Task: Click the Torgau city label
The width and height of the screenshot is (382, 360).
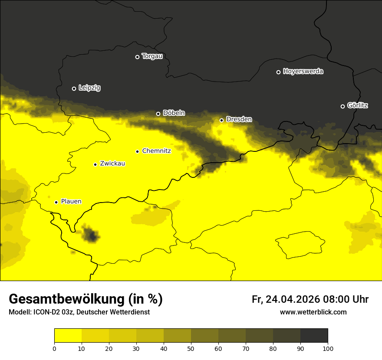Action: tap(152, 56)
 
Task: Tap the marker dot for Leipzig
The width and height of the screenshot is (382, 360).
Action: tap(74, 88)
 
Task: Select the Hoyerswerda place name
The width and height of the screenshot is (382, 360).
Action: tap(303, 72)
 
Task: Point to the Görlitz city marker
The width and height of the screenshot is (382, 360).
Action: tap(342, 106)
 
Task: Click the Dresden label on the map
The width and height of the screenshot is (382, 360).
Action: tap(239, 119)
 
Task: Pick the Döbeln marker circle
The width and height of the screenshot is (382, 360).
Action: tap(158, 114)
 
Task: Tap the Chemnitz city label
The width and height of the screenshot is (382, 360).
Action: tap(156, 151)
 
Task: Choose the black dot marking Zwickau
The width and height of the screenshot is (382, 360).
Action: tap(95, 164)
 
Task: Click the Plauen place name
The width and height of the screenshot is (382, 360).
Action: tap(71, 201)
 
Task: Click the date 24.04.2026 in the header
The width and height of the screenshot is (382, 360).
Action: tap(293, 299)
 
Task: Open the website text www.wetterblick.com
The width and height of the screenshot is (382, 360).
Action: tap(313, 312)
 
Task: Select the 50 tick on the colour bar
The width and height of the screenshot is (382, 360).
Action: tap(191, 348)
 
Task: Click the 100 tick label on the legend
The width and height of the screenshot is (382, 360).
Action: tap(328, 348)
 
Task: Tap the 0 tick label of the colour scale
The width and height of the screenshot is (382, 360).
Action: tap(54, 348)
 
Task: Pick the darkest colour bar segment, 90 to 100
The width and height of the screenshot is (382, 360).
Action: tap(314, 336)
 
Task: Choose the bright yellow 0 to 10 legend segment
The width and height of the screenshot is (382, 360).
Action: tap(68, 336)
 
